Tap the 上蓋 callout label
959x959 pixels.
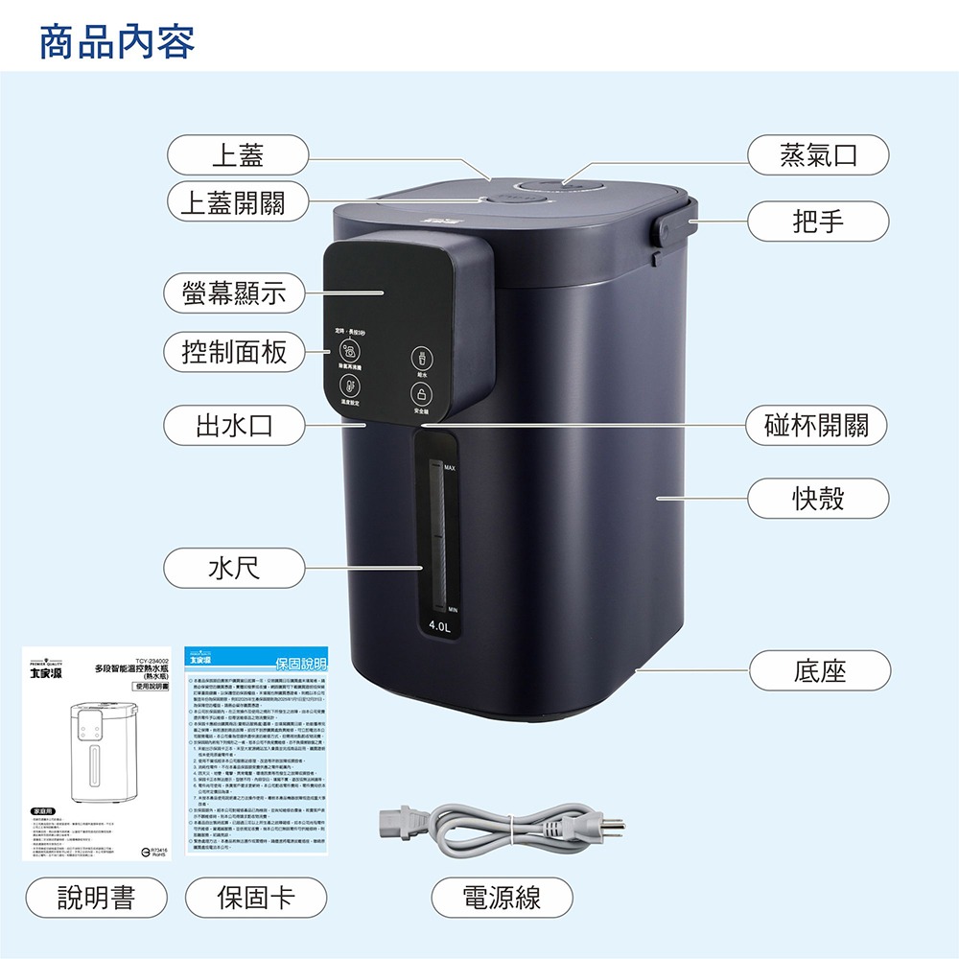pos(237,155)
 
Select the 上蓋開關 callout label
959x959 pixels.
pos(237,201)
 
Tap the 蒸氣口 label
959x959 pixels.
pos(818,155)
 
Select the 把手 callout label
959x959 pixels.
pos(818,221)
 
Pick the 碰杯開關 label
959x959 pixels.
pos(818,426)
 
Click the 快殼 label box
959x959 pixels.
pos(818,498)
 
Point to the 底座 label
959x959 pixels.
pos(818,670)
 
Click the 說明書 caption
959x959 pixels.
pos(97,898)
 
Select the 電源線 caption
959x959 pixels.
pos(502,898)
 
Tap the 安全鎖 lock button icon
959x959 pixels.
pos(421,393)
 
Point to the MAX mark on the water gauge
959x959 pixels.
pos(449,467)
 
